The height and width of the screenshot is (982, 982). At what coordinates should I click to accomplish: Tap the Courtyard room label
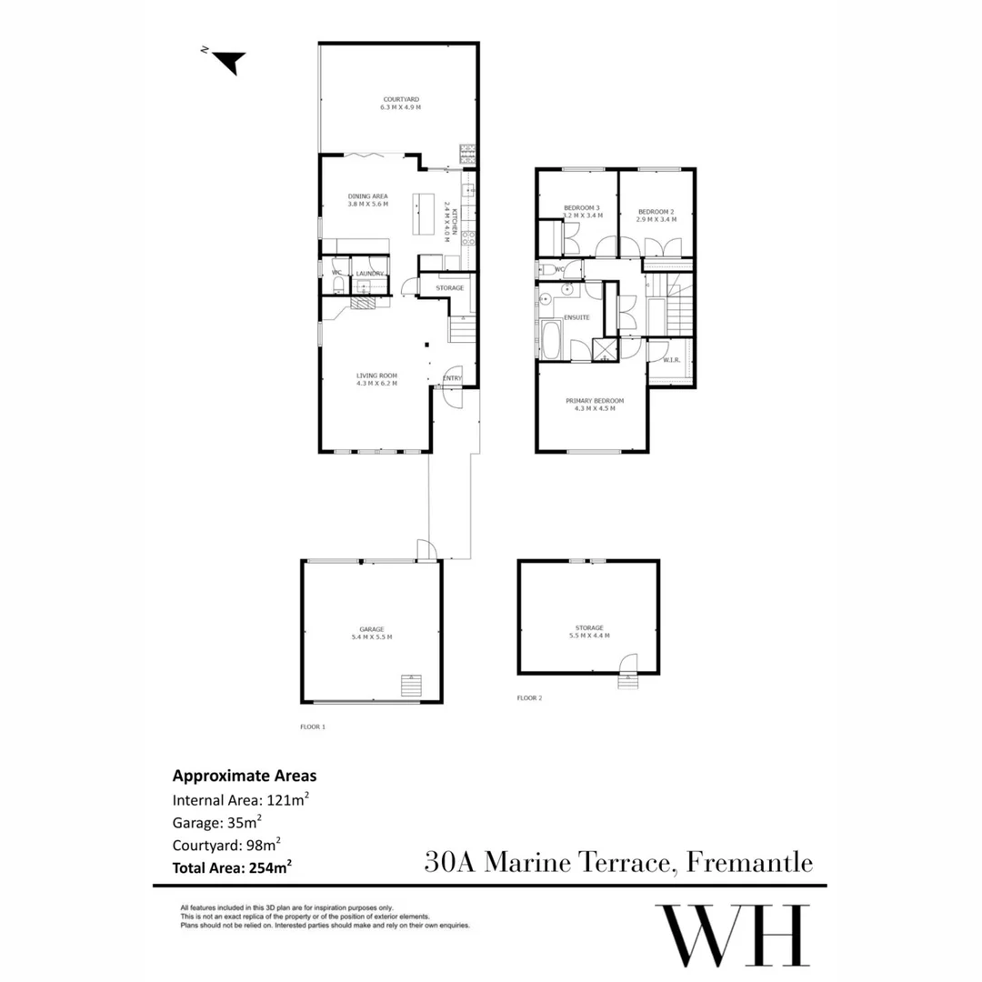pos(400,104)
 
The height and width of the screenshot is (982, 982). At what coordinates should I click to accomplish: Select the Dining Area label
pos(368,200)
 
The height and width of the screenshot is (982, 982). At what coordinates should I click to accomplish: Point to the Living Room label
pos(376,379)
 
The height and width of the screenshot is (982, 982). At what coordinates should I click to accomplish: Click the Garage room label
pos(371,633)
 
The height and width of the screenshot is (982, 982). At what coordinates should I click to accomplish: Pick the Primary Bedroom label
pos(591,405)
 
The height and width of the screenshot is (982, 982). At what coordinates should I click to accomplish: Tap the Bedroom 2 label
pos(656,215)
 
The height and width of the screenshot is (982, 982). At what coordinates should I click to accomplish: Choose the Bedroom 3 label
pos(582,212)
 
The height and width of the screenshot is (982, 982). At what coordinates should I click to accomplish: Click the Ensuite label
pos(576,317)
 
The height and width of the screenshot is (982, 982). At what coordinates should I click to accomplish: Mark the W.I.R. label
pos(672,360)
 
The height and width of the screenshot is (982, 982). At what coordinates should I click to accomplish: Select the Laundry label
pos(369,274)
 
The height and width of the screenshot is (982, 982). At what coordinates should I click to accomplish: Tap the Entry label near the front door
pos(452,378)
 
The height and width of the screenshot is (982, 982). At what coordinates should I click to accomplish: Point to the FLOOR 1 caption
pos(313,726)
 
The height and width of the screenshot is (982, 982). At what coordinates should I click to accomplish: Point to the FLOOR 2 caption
pos(529,698)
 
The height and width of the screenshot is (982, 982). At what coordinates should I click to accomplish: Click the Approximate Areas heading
pos(245,777)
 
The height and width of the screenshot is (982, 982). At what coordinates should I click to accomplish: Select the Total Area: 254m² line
pos(232,867)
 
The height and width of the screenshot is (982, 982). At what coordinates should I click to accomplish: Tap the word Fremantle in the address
pos(749,862)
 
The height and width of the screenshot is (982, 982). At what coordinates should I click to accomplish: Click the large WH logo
pos(733,937)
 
